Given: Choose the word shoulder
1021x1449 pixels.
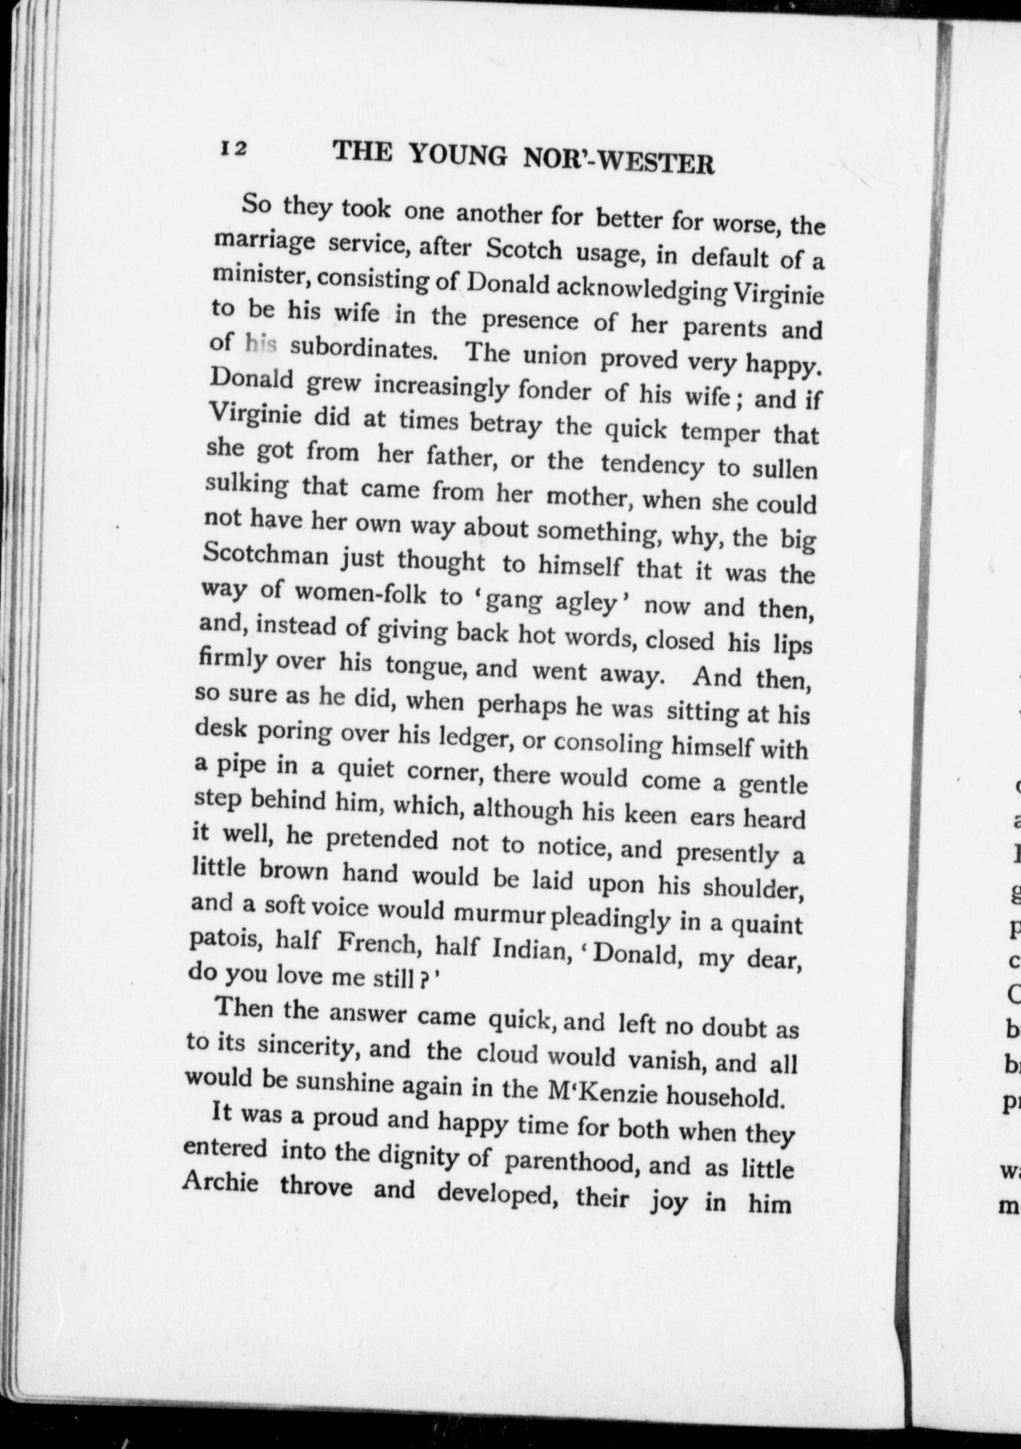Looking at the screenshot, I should [x=754, y=888].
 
